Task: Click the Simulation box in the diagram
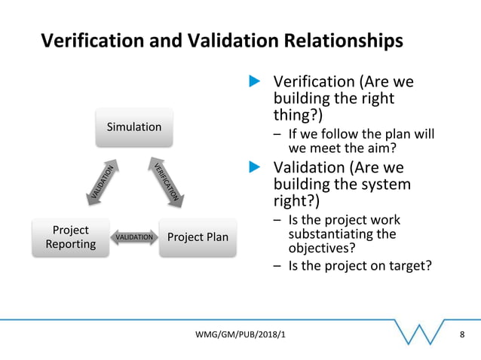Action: tap(133, 127)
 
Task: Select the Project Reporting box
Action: tap(70, 236)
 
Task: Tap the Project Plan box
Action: tap(198, 237)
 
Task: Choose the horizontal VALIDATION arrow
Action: tap(134, 238)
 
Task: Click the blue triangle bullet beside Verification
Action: tap(255, 81)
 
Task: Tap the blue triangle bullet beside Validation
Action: tap(255, 166)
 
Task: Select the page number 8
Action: tap(462, 333)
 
